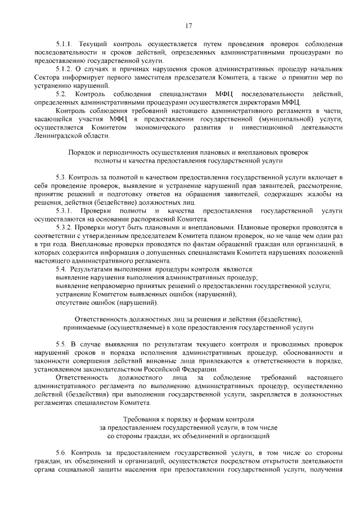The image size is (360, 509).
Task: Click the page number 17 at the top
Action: [188, 25]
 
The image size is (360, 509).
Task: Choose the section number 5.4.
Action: [61, 269]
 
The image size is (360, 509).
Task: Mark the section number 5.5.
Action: [61, 344]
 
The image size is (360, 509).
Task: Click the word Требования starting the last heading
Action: [141, 419]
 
